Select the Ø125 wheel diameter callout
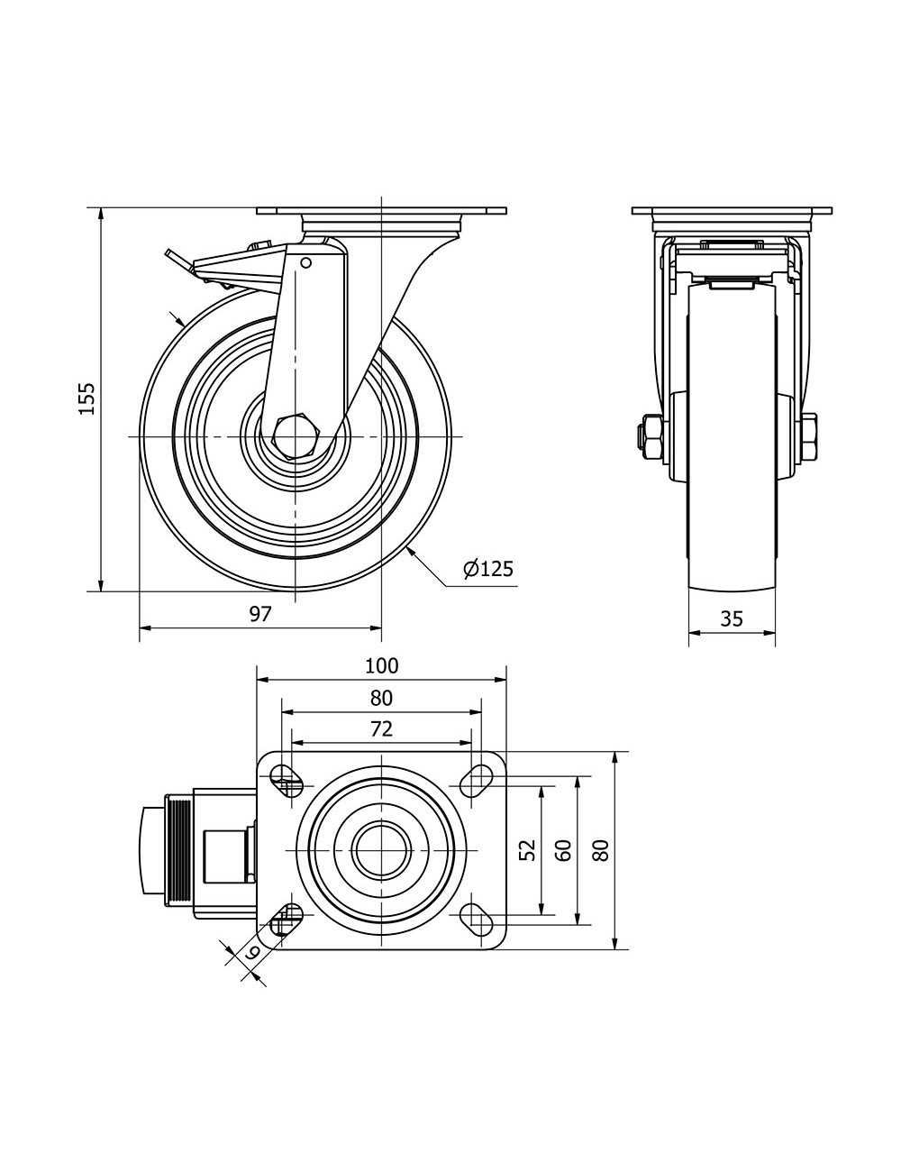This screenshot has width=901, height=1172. click(x=487, y=569)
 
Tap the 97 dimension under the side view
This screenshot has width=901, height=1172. click(x=260, y=614)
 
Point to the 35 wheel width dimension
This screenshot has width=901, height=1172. click(x=732, y=618)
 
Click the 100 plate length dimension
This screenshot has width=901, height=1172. click(x=381, y=666)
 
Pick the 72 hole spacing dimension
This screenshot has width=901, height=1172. click(x=381, y=728)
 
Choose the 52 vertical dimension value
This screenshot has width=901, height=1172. click(x=529, y=849)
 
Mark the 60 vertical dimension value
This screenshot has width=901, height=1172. click(x=564, y=849)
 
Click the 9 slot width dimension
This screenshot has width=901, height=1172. click(x=253, y=952)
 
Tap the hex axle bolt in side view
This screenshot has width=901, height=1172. click(x=294, y=436)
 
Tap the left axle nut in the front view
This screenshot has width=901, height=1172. click(x=650, y=435)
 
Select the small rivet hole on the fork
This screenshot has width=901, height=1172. click(x=306, y=263)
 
